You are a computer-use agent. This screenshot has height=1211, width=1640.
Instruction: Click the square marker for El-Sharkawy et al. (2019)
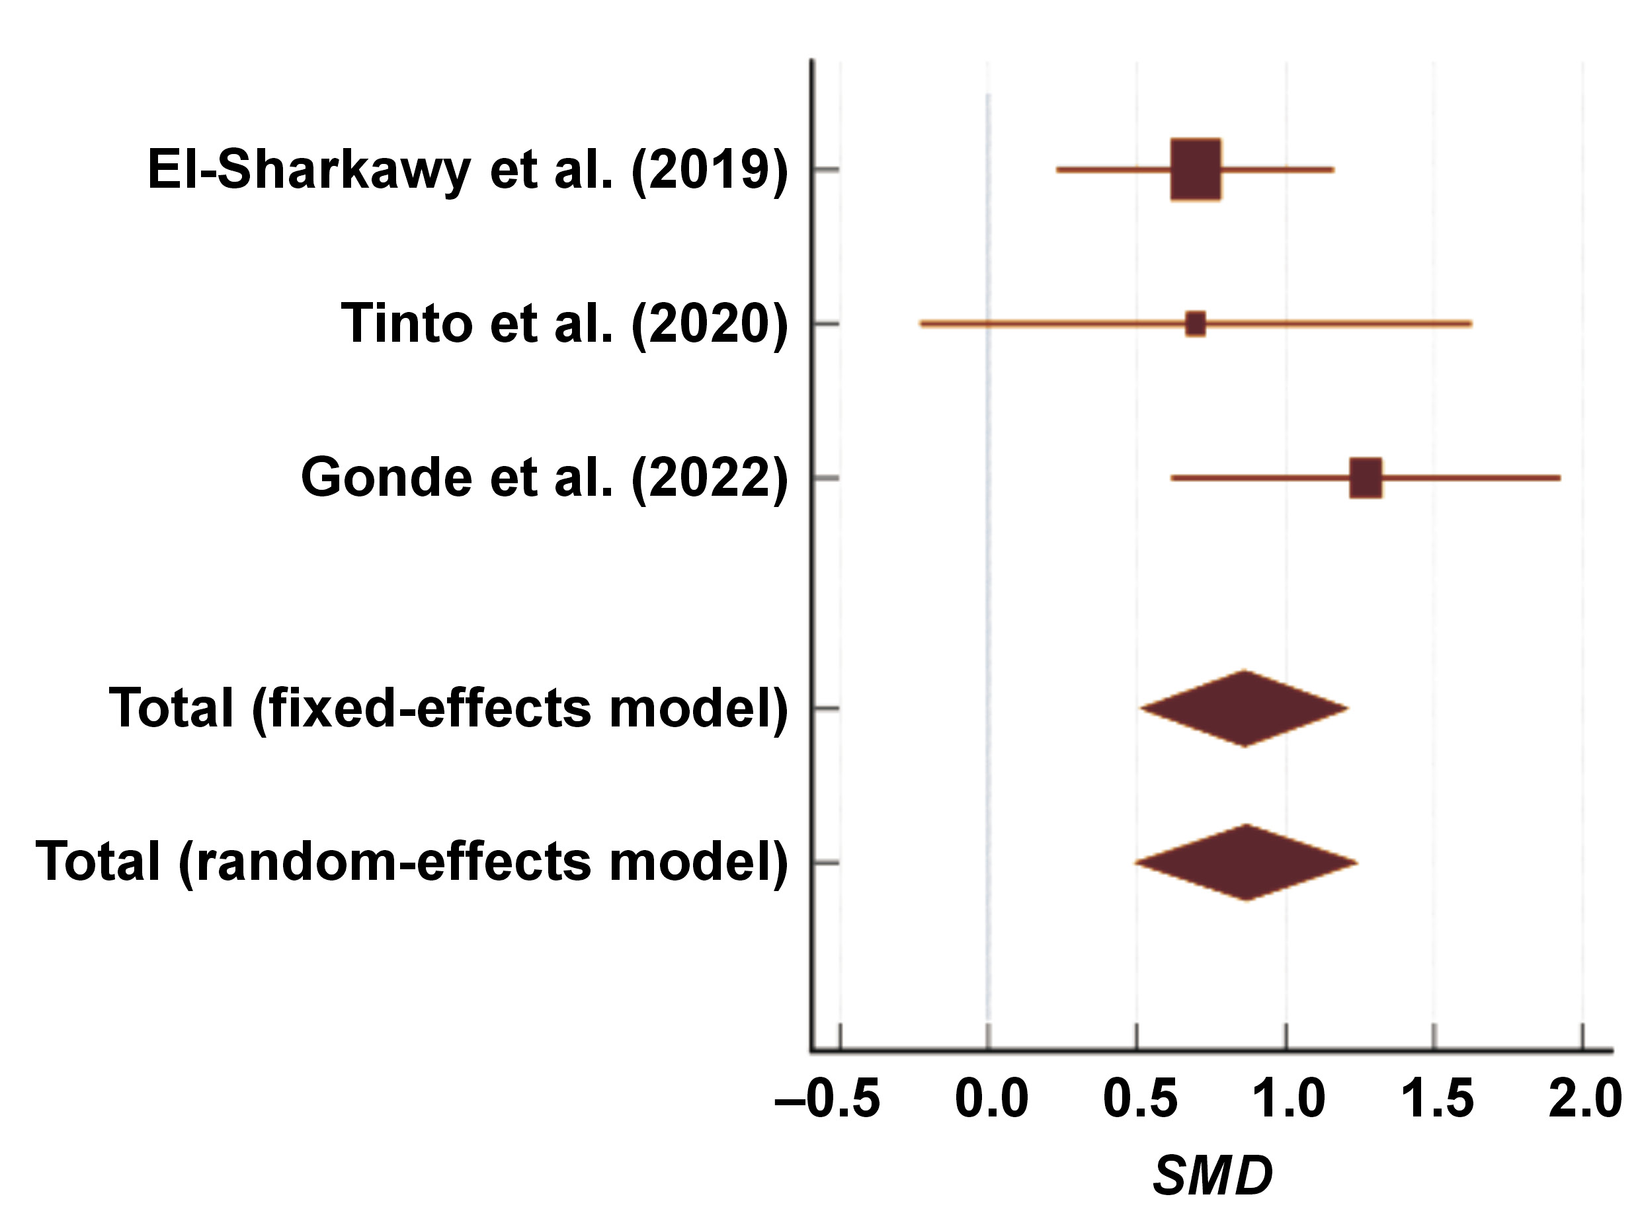1195,169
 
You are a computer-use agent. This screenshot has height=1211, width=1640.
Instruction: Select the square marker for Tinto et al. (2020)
1195,323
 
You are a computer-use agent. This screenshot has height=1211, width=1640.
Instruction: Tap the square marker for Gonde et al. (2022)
1365,478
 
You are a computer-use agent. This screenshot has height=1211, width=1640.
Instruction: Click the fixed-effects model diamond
1244,708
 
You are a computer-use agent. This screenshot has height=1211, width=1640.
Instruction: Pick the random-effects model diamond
1247,862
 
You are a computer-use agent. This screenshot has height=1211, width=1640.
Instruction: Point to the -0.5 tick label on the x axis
828,1099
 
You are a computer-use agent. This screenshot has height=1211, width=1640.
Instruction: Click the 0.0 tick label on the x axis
991,1099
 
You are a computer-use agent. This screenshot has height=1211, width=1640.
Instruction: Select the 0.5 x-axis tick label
1140,1099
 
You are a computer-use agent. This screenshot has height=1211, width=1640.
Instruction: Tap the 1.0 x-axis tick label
1288,1099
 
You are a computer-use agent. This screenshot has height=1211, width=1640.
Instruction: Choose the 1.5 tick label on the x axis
1437,1099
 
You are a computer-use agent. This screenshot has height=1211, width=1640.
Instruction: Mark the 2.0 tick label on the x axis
1585,1099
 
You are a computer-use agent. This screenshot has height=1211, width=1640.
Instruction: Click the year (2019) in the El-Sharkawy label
710,170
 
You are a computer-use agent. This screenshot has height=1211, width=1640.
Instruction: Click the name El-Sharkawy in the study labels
309,170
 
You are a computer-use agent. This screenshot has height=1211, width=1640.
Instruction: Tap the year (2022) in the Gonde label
710,478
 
